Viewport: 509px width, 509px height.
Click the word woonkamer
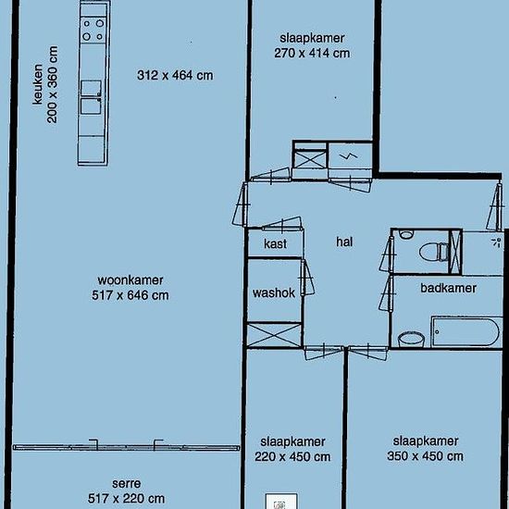[x=130, y=279]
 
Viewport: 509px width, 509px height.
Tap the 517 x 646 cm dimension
[x=130, y=295]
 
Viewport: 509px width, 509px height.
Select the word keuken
[x=38, y=84]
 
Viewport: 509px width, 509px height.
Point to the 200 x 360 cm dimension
[x=52, y=84]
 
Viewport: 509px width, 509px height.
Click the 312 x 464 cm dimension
[x=175, y=75]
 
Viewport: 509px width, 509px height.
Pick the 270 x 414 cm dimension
[x=312, y=53]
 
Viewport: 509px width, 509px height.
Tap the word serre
[x=126, y=483]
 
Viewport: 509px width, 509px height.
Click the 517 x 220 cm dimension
[x=126, y=498]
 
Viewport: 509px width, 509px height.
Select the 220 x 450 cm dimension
[x=292, y=457]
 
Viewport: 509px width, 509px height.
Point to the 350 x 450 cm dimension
[x=426, y=455]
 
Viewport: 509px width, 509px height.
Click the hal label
[x=344, y=242]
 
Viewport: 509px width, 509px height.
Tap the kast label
[x=275, y=243]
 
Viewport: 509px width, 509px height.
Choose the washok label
[x=274, y=292]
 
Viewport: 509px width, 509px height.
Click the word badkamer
[x=448, y=288]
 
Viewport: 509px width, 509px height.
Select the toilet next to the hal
[x=434, y=252]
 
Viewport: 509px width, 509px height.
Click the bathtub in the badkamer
[x=466, y=332]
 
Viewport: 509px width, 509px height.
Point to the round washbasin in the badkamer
[x=411, y=340]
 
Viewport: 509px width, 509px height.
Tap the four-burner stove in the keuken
[x=93, y=30]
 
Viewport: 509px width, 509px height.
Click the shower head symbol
[x=496, y=242]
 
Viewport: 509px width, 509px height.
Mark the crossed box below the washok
[x=275, y=335]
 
